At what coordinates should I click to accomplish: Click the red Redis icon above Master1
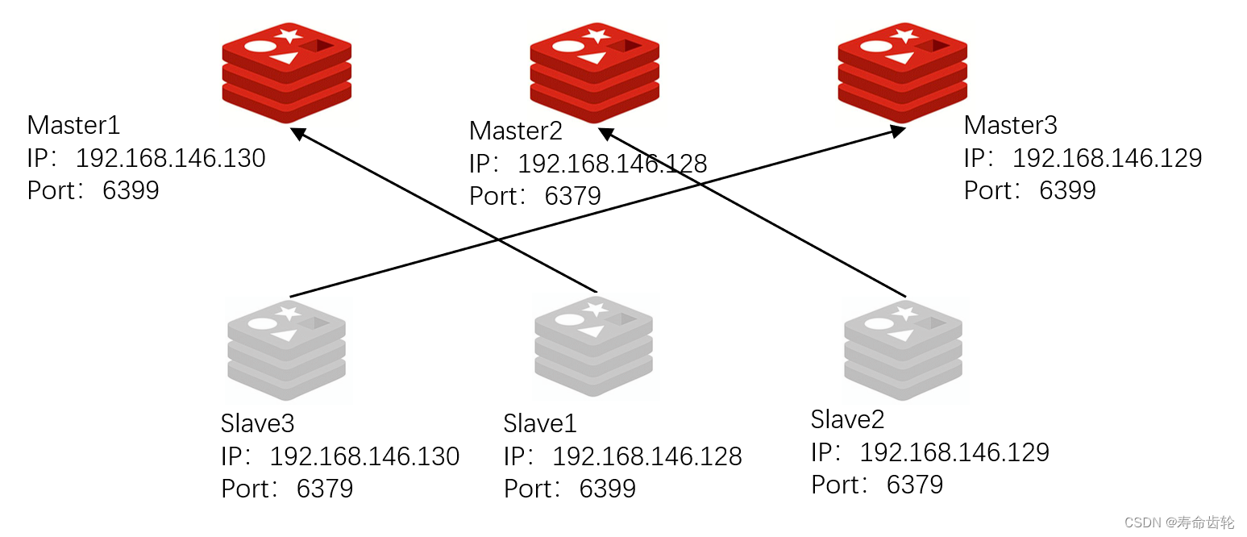[x=287, y=71]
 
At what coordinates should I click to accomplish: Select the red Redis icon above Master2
[x=594, y=71]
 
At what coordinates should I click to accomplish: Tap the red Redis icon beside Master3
[x=902, y=71]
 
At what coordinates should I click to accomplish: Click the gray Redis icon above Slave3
[x=286, y=348]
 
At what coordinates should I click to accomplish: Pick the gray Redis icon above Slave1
[x=594, y=346]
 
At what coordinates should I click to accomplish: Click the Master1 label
[x=73, y=125]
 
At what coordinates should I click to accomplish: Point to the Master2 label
[x=516, y=131]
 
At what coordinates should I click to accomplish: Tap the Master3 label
[x=1010, y=125]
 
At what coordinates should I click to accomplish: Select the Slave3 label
[x=258, y=423]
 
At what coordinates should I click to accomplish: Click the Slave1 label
[x=540, y=423]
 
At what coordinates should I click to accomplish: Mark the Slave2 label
[x=847, y=419]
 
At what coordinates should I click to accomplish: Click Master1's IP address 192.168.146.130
[x=170, y=158]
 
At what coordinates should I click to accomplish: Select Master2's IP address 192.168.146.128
[x=612, y=164]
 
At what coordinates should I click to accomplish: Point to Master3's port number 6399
[x=1067, y=190]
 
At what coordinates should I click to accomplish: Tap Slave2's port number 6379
[x=914, y=485]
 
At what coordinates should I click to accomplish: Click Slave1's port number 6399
[x=607, y=489]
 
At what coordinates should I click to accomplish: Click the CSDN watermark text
[x=1178, y=522]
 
